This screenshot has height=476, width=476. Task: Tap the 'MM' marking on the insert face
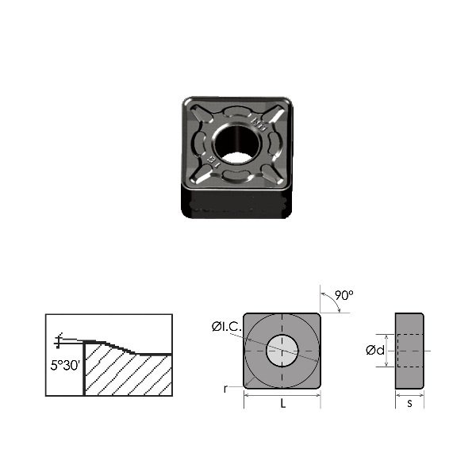click(x=256, y=124)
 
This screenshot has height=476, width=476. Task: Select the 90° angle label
click(x=343, y=295)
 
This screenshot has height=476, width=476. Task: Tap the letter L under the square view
click(x=283, y=402)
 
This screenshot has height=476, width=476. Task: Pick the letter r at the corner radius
click(x=227, y=390)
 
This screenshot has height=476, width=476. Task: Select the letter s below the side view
click(x=409, y=403)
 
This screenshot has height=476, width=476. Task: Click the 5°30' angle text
click(x=63, y=367)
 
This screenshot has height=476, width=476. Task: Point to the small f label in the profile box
click(x=58, y=340)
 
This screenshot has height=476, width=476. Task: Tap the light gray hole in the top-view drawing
click(x=283, y=351)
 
